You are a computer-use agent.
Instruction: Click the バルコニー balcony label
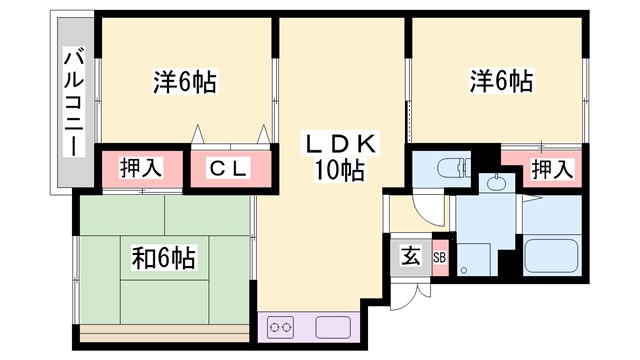pyautogui.click(x=73, y=101)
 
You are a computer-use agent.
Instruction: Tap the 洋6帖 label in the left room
pyautogui.click(x=186, y=80)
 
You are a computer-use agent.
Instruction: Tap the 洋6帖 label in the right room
pyautogui.click(x=499, y=80)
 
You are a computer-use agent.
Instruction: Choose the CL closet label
pyautogui.click(x=229, y=168)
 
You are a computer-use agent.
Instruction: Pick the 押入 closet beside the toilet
pyautogui.click(x=551, y=168)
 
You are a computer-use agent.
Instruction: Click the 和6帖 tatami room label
pyautogui.click(x=163, y=258)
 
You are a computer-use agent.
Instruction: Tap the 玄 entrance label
pyautogui.click(x=411, y=255)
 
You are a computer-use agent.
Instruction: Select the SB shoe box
pyautogui.click(x=440, y=256)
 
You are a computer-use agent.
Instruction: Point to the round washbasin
pyautogui.click(x=494, y=183)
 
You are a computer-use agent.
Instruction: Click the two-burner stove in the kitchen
pyautogui.click(x=281, y=326)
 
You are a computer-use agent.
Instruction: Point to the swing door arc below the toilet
pyautogui.click(x=427, y=208)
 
